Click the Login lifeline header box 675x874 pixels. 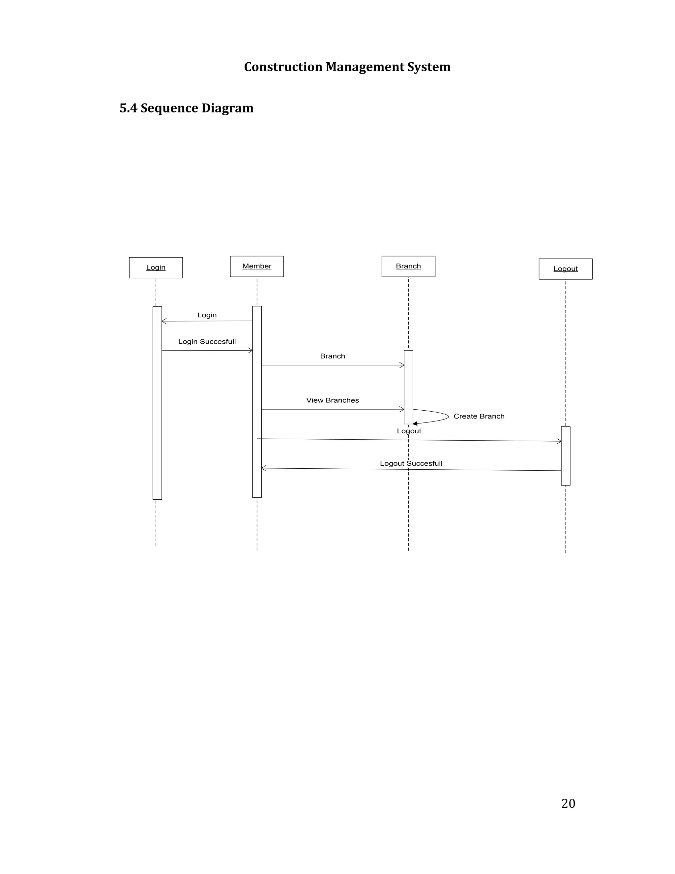[x=156, y=267]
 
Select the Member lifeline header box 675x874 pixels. [x=257, y=266]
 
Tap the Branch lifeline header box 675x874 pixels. [x=408, y=266]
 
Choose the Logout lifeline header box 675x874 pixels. [x=566, y=268]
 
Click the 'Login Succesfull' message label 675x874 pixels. [x=207, y=341]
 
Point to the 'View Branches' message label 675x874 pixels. [x=332, y=400]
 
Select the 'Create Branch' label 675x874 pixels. [x=479, y=416]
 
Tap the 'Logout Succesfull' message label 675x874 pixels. [x=411, y=463]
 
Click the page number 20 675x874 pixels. [x=568, y=803]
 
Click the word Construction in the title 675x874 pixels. [x=283, y=67]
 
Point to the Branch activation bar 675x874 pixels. [x=408, y=387]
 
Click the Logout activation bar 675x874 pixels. [x=566, y=456]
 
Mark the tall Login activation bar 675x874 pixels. [x=157, y=403]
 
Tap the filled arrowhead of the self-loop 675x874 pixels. [x=415, y=423]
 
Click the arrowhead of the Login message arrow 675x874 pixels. [x=163, y=321]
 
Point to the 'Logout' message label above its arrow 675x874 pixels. [x=409, y=431]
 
